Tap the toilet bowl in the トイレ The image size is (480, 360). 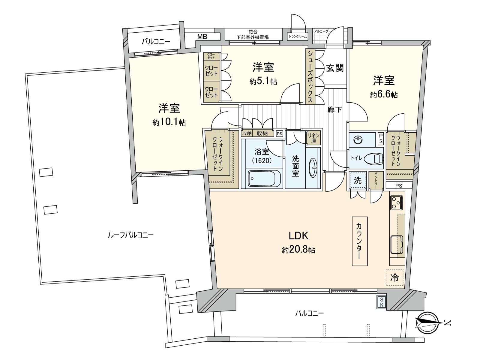(x=374, y=158)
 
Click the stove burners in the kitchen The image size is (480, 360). (x=397, y=202)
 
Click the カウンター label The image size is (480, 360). (x=359, y=241)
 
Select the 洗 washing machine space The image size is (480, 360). (x=358, y=180)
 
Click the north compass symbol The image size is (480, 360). (x=427, y=323)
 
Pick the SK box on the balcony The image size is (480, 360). (x=382, y=302)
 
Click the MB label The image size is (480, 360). (x=202, y=37)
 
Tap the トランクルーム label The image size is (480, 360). (x=298, y=37)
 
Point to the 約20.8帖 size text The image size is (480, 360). (x=298, y=250)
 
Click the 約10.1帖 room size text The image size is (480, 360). (x=169, y=122)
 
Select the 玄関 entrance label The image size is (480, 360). (x=335, y=68)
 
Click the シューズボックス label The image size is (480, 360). (x=310, y=77)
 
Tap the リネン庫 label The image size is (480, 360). (x=313, y=138)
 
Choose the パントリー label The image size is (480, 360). (x=376, y=181)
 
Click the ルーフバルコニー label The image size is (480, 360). (x=130, y=235)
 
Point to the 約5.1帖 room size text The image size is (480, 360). (x=263, y=81)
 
